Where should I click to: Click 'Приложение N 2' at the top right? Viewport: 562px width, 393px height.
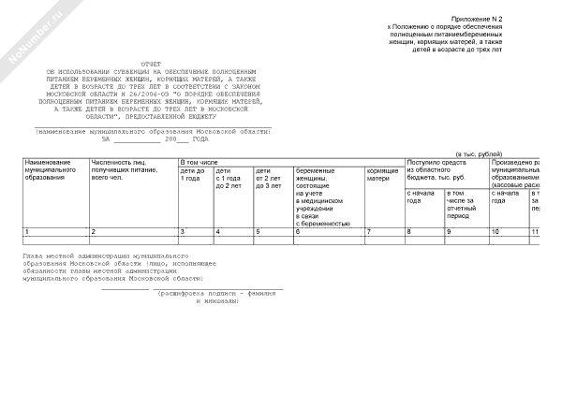503,19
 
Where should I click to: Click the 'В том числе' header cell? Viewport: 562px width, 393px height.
199,163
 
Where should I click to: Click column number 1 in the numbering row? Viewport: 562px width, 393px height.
27,231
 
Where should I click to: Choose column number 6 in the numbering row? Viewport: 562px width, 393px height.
298,231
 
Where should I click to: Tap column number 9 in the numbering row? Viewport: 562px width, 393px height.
449,231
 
